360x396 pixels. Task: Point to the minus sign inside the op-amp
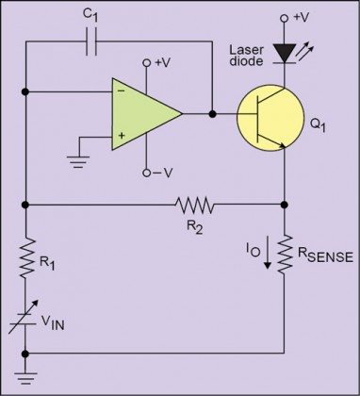tap(122, 92)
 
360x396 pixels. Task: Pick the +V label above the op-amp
tap(160, 62)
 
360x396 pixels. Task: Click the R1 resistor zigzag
tap(26, 257)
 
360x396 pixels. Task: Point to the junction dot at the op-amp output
tap(212, 113)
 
